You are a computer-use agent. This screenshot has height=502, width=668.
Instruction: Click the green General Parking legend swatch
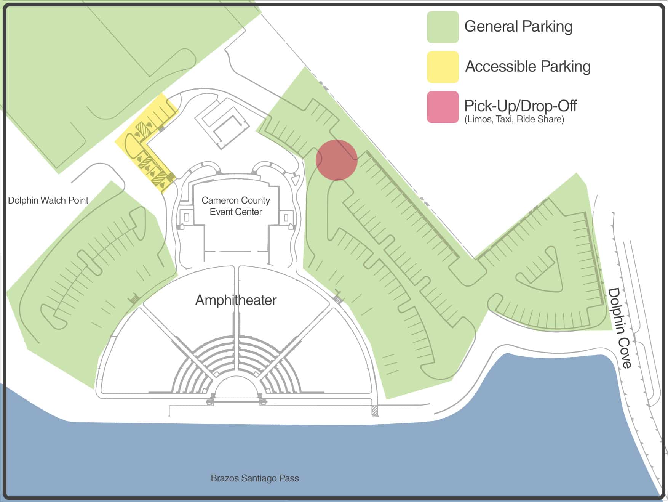pyautogui.click(x=443, y=27)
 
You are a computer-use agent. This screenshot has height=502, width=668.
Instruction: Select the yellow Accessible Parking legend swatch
pyautogui.click(x=443, y=67)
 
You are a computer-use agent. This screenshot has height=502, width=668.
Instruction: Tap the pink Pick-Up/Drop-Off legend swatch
pyautogui.click(x=443, y=107)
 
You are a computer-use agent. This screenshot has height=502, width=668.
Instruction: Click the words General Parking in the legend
pyautogui.click(x=518, y=27)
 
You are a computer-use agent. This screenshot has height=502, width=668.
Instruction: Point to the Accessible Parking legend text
pyautogui.click(x=528, y=67)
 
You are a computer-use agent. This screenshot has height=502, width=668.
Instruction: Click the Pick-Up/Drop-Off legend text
pyautogui.click(x=520, y=106)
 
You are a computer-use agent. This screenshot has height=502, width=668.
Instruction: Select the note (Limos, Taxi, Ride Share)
pyautogui.click(x=514, y=119)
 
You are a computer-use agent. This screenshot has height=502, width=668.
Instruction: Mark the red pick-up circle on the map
pyautogui.click(x=337, y=160)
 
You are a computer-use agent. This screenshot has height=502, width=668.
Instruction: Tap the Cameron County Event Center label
pyautogui.click(x=236, y=206)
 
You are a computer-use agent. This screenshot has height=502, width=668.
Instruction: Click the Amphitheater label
pyautogui.click(x=236, y=300)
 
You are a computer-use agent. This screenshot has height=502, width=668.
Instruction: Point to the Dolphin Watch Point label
pyautogui.click(x=48, y=200)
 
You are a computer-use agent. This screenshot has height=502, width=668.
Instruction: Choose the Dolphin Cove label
pyautogui.click(x=620, y=328)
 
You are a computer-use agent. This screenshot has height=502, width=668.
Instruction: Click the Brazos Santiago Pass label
pyautogui.click(x=255, y=478)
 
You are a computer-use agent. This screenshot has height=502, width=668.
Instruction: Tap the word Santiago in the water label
pyautogui.click(x=259, y=478)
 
